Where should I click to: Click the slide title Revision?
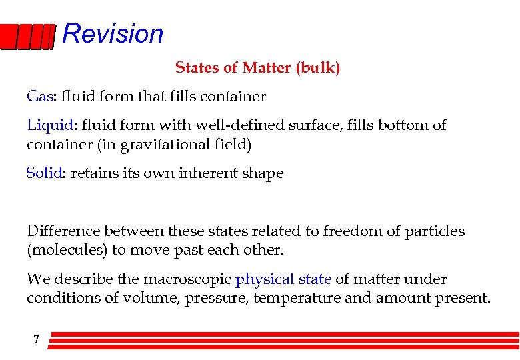pyautogui.click(x=113, y=33)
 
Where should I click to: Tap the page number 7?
pyautogui.click(x=36, y=339)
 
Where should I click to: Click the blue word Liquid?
pyautogui.click(x=49, y=125)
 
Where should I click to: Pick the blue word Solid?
pyautogui.click(x=44, y=173)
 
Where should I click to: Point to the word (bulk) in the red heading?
pyautogui.click(x=318, y=68)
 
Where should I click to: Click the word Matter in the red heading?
pyautogui.click(x=266, y=68)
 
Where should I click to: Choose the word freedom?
pyautogui.click(x=351, y=231)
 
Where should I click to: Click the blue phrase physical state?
pyautogui.click(x=283, y=279)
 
